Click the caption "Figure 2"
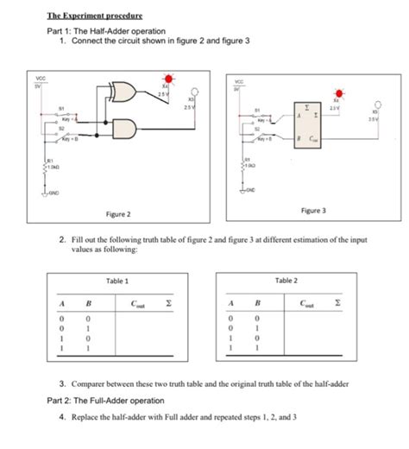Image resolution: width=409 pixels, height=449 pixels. point(118,213)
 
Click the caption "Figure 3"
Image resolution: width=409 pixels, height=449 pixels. point(313,210)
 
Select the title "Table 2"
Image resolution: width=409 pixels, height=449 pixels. point(286,281)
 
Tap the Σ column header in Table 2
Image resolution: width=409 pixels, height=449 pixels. point(338,304)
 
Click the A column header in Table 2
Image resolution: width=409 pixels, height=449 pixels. point(230,304)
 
